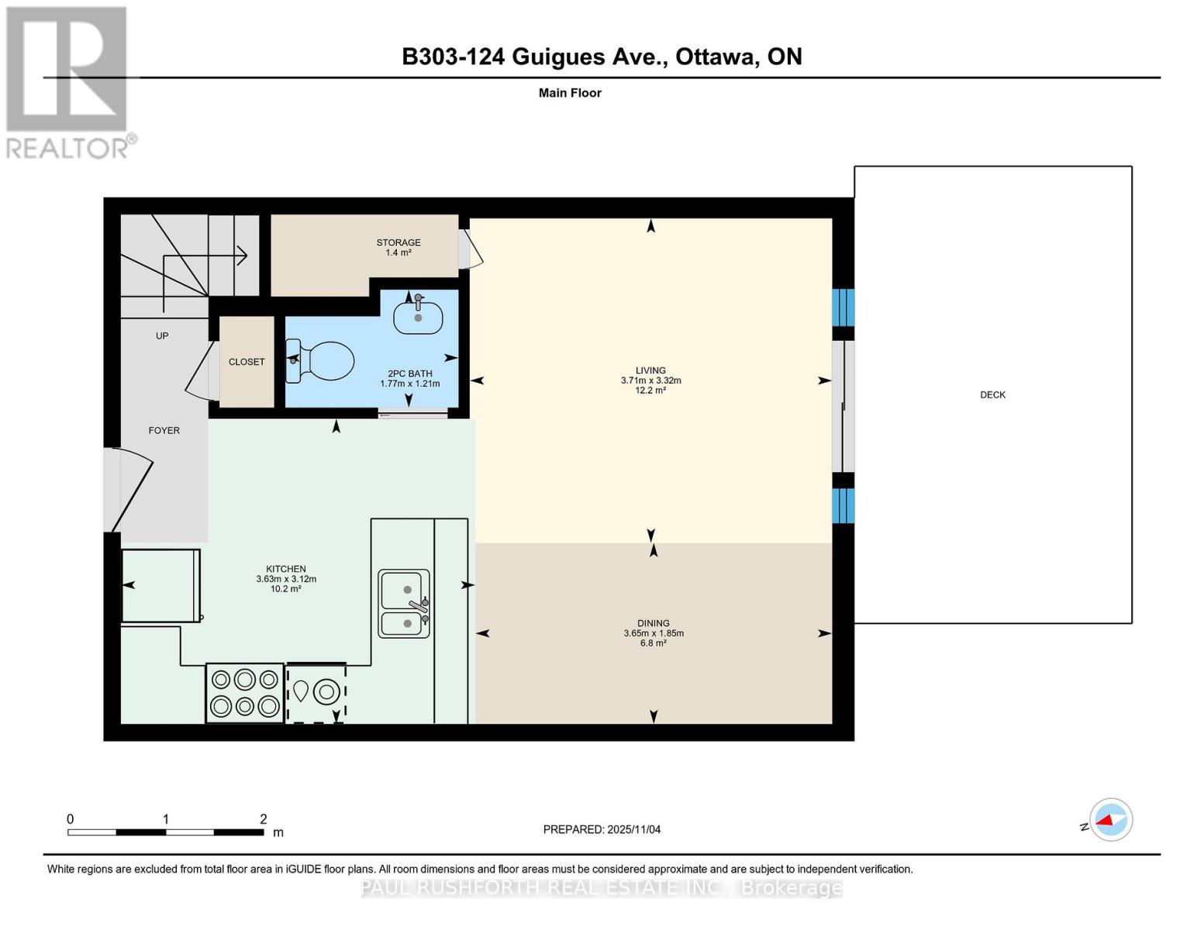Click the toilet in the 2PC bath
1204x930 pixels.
point(321,361)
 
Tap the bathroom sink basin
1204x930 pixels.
point(418,317)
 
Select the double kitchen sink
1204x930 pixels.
point(404,604)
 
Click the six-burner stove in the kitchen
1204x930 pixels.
point(244,693)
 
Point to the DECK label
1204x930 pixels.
point(992,394)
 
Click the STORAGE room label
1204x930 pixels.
point(398,243)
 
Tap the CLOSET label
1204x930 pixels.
point(247,362)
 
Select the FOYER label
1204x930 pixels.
point(164,430)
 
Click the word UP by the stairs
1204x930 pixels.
point(162,336)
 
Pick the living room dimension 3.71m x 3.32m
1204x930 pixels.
point(650,381)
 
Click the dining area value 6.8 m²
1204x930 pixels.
point(653,643)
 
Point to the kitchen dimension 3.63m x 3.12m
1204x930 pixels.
point(286,579)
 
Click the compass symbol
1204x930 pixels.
point(1110,819)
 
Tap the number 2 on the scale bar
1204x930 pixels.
point(264,819)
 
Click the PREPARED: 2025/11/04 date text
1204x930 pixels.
point(602,829)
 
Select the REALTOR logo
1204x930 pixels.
point(67,81)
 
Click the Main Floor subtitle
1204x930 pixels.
point(570,93)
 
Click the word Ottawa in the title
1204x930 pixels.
point(717,57)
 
